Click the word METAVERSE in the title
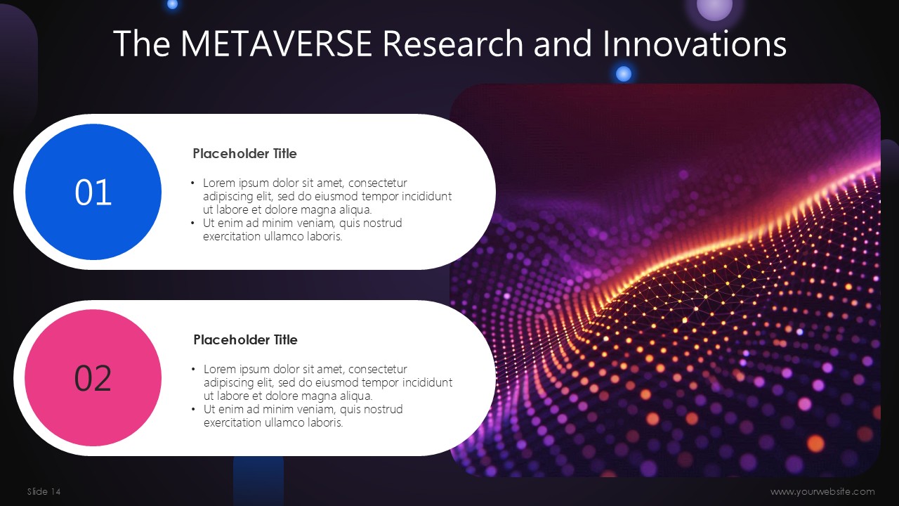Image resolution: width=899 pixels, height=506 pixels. [276, 44]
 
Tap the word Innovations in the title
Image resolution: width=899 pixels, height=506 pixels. [695, 44]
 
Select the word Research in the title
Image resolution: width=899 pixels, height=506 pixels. [453, 44]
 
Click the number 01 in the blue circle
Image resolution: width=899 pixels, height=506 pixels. [93, 193]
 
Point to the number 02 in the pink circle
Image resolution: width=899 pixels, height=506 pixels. [93, 378]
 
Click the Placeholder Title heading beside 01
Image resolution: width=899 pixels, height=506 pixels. [245, 153]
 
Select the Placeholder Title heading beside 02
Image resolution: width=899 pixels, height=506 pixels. [246, 339]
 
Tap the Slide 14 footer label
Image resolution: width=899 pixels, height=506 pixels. [44, 491]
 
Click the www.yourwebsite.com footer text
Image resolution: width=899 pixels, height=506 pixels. [822, 491]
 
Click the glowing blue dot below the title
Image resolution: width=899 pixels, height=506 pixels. [623, 74]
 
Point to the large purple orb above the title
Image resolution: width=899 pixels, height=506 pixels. [714, 7]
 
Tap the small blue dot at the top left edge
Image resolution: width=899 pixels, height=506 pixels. [172, 4]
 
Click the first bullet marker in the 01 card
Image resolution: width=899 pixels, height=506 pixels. [192, 183]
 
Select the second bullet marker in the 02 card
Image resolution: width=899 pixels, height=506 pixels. [193, 410]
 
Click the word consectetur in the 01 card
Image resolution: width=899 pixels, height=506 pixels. [378, 183]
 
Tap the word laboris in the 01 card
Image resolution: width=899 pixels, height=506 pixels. [324, 236]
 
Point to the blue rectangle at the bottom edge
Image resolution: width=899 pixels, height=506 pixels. [258, 481]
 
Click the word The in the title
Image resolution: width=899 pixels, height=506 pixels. [142, 44]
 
